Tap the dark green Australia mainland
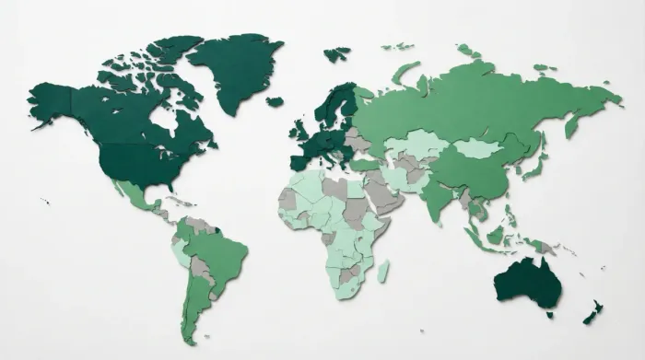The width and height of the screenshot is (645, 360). click(528, 282)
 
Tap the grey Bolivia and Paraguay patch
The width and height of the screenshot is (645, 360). click(201, 270)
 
